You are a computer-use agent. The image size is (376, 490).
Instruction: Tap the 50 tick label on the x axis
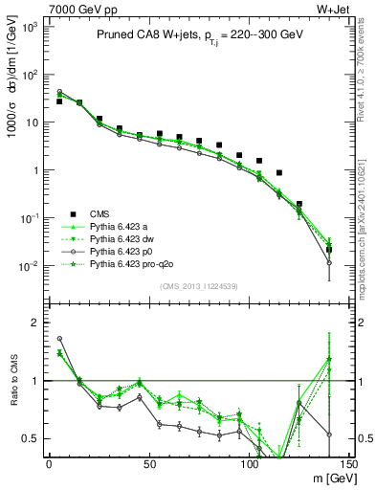coord(148,464)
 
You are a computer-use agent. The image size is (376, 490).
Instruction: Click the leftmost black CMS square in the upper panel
coord(59,101)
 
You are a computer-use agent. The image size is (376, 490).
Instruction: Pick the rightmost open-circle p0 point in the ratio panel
coord(329,434)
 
